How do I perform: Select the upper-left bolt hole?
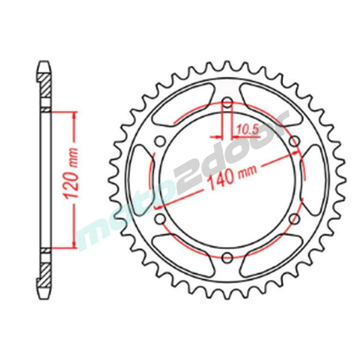click(x=161, y=141)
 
